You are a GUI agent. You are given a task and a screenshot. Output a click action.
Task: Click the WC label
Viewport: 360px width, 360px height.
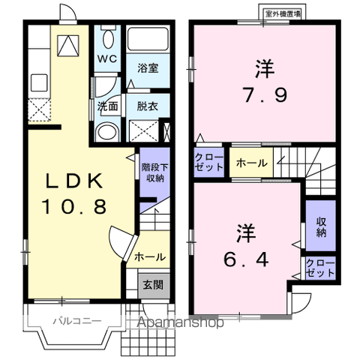pyautogui.click(x=107, y=58)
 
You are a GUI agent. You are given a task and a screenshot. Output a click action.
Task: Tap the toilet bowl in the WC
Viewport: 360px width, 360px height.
pyautogui.click(x=108, y=39)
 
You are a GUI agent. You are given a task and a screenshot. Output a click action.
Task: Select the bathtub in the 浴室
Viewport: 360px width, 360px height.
pyautogui.click(x=148, y=39)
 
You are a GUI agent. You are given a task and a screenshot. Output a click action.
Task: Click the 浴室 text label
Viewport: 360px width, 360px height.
pyautogui.click(x=148, y=67)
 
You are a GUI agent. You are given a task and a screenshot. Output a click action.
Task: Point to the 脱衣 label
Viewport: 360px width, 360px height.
pyautogui.click(x=147, y=106)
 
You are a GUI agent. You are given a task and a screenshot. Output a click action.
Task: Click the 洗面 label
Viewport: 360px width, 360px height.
pyautogui.click(x=107, y=106)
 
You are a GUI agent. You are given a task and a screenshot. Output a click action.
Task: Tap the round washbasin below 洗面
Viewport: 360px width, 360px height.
pyautogui.click(x=107, y=132)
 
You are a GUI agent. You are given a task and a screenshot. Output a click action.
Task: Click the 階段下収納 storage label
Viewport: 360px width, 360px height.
pyautogui.click(x=155, y=172)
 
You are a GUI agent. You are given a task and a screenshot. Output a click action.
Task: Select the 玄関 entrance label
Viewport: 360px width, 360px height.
pyautogui.click(x=153, y=285)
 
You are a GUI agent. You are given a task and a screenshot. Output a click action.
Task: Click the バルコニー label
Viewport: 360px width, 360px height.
pyautogui.click(x=77, y=321)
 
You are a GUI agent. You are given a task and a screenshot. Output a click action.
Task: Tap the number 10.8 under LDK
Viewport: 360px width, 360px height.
pyautogui.click(x=74, y=207)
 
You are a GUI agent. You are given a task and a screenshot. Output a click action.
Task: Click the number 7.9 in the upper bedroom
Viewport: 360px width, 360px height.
pyautogui.click(x=265, y=95)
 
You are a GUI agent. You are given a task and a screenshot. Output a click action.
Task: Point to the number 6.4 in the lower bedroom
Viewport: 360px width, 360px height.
pyautogui.click(x=246, y=259)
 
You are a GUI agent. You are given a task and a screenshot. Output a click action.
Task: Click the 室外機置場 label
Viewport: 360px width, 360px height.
pyautogui.click(x=283, y=14)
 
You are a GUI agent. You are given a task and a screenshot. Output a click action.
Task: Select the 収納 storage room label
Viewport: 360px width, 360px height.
pyautogui.click(x=321, y=226)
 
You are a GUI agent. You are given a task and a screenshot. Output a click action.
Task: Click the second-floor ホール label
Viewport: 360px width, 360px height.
pyautogui.click(x=251, y=163)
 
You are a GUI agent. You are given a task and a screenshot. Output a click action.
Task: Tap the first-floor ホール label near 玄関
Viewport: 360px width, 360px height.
pyautogui.click(x=150, y=256)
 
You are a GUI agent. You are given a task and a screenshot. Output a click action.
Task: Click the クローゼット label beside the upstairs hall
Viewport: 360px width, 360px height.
pyautogui.click(x=209, y=162)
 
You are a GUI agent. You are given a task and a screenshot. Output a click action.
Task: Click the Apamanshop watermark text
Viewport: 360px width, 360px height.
pyautogui.click(x=181, y=322)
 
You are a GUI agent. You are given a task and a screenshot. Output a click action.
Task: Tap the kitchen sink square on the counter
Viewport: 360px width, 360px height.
pyautogui.click(x=39, y=82)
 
